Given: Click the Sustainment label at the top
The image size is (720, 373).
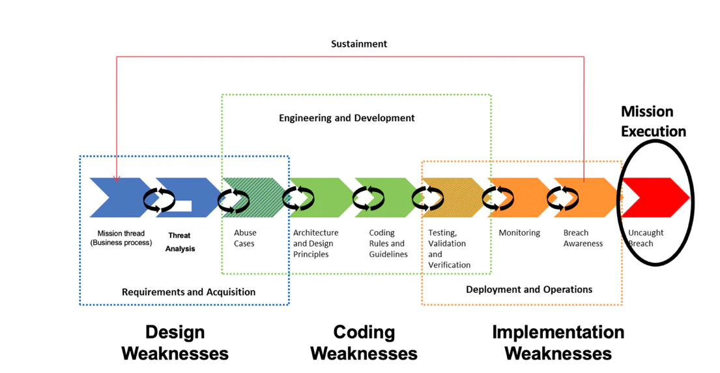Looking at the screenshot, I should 358,44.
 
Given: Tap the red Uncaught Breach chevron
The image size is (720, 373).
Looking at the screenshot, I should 655,197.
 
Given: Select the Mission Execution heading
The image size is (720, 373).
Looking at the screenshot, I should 653,122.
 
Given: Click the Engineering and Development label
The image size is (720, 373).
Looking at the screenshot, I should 347,118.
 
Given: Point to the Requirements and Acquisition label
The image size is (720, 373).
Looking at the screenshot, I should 188,292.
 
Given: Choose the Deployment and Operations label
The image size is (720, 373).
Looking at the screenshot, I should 529,289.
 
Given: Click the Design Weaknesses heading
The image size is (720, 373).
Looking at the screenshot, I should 175,342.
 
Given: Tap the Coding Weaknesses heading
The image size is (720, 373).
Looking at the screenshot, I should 364,342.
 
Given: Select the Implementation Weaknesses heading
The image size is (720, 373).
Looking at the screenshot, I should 558,342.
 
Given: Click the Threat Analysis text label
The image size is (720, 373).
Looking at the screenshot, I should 180,242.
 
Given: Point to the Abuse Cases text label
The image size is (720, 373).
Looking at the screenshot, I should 245,238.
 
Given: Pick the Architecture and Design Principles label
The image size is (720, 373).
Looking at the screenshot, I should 315,243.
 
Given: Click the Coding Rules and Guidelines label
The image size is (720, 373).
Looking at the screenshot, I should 388,243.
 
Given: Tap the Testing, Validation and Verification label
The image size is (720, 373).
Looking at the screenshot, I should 449,249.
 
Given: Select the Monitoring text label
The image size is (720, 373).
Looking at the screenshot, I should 519,233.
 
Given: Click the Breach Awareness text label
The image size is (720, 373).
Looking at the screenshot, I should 583,238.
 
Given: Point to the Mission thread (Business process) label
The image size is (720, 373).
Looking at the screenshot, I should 121,238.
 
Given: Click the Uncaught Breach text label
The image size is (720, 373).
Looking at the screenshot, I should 646,238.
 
